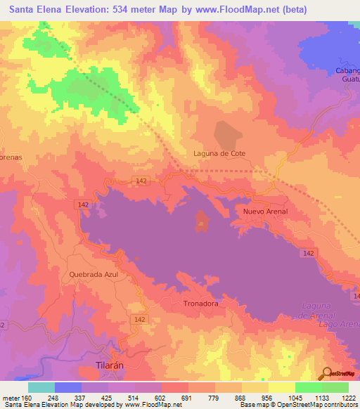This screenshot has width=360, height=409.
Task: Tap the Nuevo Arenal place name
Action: pos(265,211)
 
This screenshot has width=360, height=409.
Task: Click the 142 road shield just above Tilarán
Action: pos(140,320)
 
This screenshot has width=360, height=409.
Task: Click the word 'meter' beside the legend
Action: pos(10,397)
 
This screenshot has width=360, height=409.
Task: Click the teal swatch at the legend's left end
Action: pos(41,387)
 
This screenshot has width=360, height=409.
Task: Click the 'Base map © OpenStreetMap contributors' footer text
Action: pos(297,405)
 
